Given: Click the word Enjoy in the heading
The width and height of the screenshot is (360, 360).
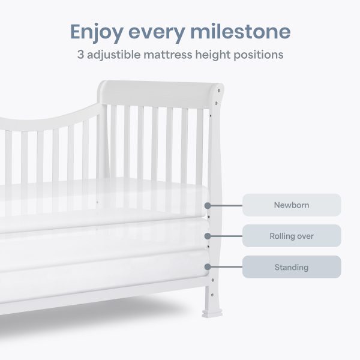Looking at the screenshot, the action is [x=97, y=32].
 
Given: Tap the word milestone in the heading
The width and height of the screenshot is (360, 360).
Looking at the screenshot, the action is [x=241, y=31].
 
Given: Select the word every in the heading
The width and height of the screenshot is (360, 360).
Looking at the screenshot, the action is [x=157, y=33].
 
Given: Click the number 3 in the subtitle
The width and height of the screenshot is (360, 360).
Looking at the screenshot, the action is [x=80, y=55].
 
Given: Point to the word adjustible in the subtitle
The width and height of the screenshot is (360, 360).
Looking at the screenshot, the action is [x=113, y=55].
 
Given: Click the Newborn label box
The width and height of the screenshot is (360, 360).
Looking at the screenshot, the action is [x=292, y=205].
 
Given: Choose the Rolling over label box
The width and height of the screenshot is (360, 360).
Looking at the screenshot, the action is [x=292, y=236].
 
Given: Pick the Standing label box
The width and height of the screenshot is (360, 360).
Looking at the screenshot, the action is [x=292, y=267].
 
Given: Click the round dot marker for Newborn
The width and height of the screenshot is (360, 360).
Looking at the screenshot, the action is [x=208, y=205].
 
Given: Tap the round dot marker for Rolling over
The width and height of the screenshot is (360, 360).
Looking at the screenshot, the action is [x=208, y=236].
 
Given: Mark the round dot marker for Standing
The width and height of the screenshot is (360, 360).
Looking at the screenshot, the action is [x=208, y=267].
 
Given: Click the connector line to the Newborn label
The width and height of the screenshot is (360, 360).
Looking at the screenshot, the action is [x=226, y=205].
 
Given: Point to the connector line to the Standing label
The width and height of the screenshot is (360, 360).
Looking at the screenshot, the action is [x=226, y=267].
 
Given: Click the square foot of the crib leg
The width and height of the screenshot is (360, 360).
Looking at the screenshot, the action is [x=212, y=313].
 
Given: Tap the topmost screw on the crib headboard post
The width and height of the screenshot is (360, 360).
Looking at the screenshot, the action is [x=218, y=91].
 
